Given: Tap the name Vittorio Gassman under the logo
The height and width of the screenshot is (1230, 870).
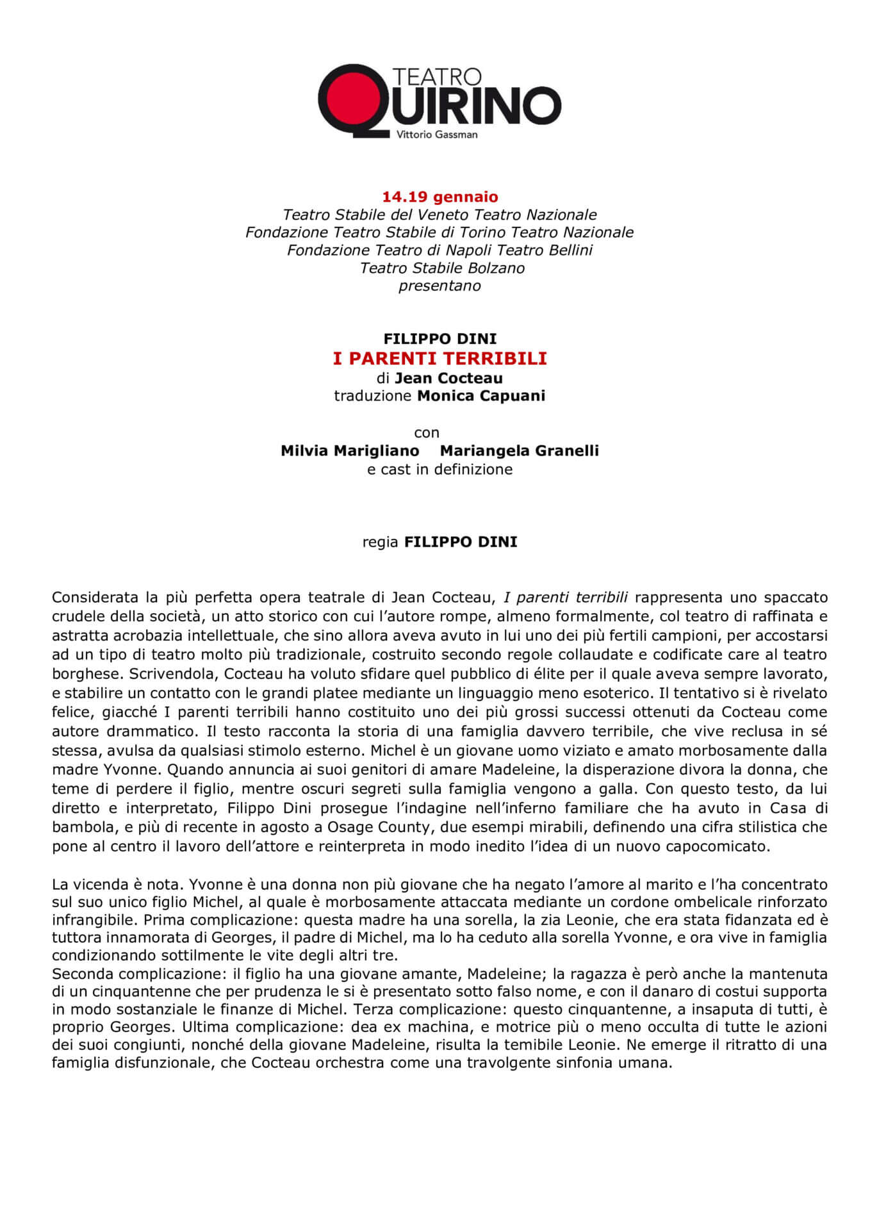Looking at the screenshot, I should (x=437, y=135).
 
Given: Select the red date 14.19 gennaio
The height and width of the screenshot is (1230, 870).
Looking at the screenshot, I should (x=440, y=197).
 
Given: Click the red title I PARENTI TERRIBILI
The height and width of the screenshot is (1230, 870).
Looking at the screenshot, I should (x=440, y=358).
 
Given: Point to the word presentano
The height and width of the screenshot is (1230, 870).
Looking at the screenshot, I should (x=439, y=286).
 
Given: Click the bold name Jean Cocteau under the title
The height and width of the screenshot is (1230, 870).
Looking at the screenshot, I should (x=448, y=378).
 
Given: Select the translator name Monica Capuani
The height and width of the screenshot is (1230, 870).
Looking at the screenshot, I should (x=481, y=396).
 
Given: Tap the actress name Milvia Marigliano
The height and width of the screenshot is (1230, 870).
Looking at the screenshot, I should (x=350, y=450).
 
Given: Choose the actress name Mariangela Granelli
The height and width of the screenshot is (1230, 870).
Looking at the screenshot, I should (x=520, y=450).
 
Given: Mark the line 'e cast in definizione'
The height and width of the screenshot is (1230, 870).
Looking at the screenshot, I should (x=439, y=470).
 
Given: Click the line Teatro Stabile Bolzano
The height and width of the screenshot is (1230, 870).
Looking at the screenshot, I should (x=442, y=268).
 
